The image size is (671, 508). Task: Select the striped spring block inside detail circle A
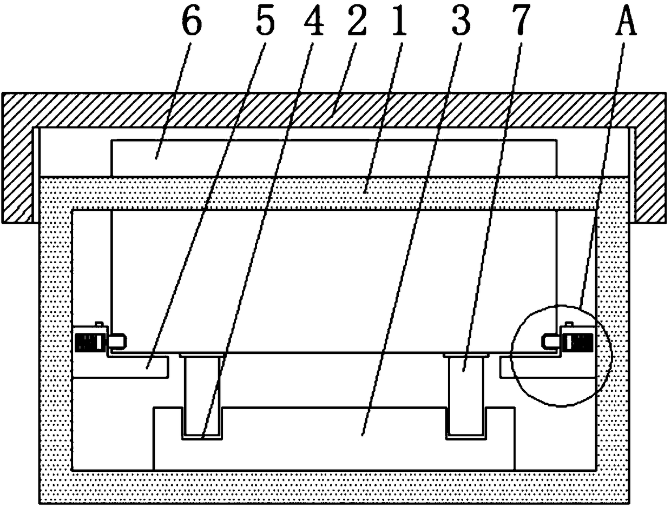(578, 341)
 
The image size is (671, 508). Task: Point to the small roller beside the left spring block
(118, 341)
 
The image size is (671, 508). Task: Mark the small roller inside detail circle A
(551, 340)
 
